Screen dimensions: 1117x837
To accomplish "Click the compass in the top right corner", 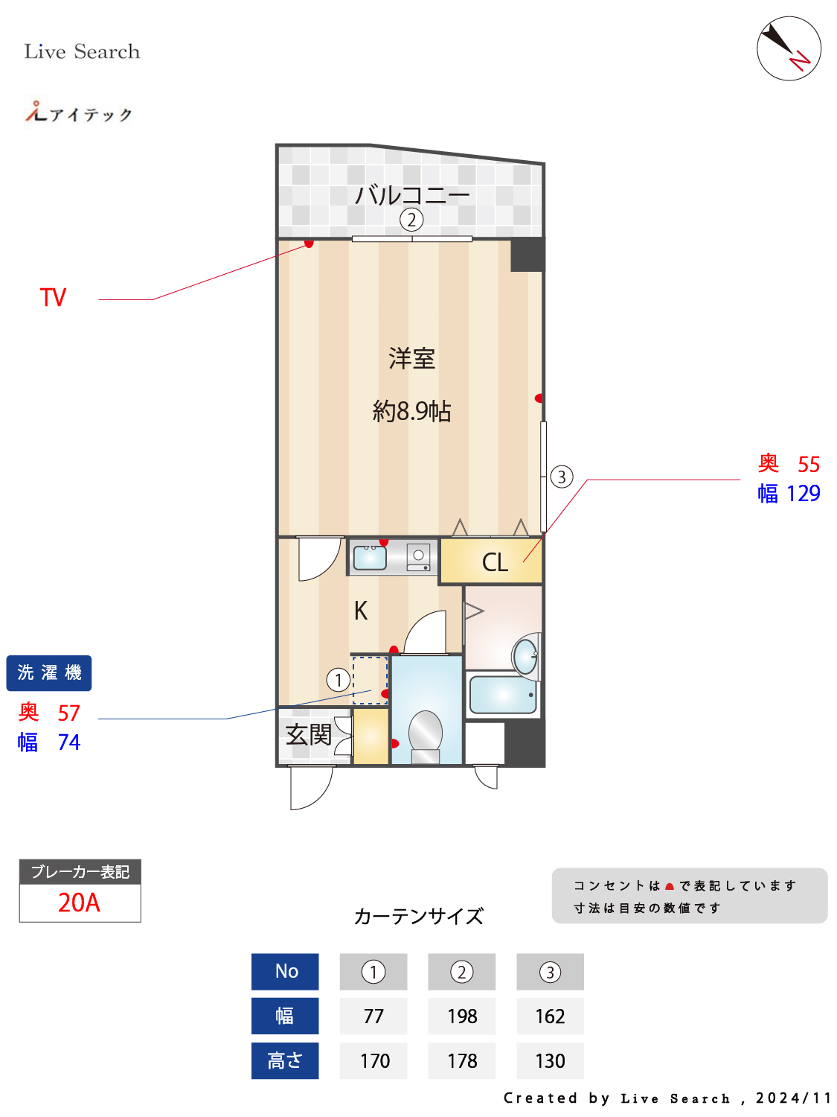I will (x=789, y=48).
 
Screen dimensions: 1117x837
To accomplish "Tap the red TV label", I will (x=53, y=298).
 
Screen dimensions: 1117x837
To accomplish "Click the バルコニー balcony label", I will (x=411, y=195).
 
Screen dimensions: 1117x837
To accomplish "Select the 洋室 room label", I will (x=411, y=359).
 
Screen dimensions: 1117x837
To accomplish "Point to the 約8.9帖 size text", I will (x=411, y=411).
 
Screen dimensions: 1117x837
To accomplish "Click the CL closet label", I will (x=495, y=562).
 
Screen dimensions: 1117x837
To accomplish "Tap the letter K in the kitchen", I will (x=361, y=611).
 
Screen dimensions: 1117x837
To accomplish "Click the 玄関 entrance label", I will (x=309, y=735).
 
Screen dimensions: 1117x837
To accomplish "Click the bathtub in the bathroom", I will (x=503, y=694).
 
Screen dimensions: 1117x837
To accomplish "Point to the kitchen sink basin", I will (x=369, y=557).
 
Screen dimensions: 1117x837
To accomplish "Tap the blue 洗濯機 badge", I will (x=49, y=673).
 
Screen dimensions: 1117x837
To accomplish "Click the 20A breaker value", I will (x=80, y=903).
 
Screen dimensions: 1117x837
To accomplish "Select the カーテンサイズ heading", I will (x=419, y=916).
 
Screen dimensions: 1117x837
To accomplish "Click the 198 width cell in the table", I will (x=462, y=1016).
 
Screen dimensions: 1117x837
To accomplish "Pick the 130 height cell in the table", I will (x=550, y=1061).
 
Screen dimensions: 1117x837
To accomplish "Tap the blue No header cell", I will (x=285, y=972).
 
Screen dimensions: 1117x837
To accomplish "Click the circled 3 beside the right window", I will (x=562, y=477).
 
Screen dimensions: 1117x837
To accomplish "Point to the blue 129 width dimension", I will (x=803, y=494).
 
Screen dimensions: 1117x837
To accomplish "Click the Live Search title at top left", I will (x=82, y=51).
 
